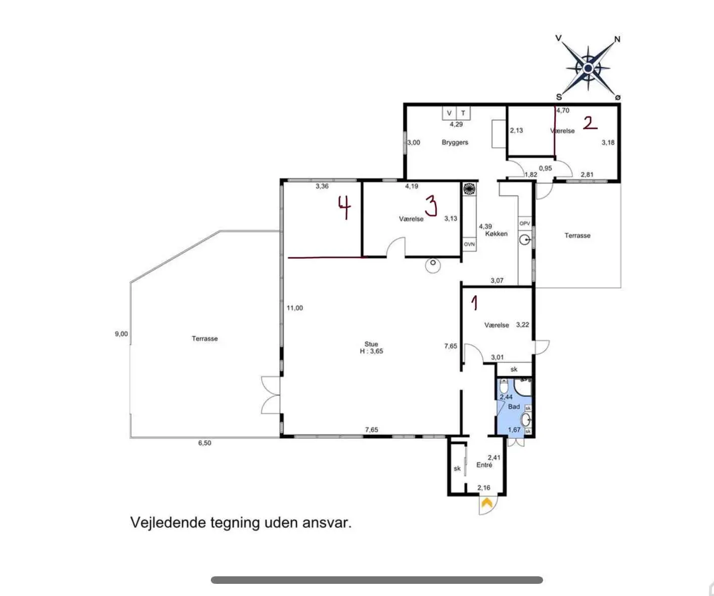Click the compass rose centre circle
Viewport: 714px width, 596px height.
coord(588,68)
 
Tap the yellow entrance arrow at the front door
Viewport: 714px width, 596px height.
coord(486,502)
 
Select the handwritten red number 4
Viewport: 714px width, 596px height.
coord(345,207)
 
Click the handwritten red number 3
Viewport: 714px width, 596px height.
coord(431,206)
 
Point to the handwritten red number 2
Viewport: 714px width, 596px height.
coord(590,123)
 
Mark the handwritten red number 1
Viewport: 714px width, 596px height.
coord(474,303)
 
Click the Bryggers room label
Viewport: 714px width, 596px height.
coord(455,142)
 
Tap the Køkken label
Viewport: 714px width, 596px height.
coord(497,234)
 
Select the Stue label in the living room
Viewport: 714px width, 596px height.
coord(371,344)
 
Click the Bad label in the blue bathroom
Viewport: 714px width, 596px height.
coord(514,406)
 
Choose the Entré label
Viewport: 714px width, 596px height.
coord(484,465)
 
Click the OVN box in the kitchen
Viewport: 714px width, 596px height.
coord(469,244)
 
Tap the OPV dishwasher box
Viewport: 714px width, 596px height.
coord(524,223)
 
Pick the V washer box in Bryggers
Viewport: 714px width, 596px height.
coord(450,113)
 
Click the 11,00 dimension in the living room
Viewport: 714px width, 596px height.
coord(294,308)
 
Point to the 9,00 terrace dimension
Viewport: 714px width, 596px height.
coord(121,334)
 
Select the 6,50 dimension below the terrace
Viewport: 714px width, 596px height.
coord(204,443)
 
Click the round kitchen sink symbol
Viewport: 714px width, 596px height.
coord(525,240)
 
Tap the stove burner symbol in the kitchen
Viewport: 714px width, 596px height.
coord(469,189)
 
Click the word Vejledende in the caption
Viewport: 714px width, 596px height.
coord(168,523)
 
